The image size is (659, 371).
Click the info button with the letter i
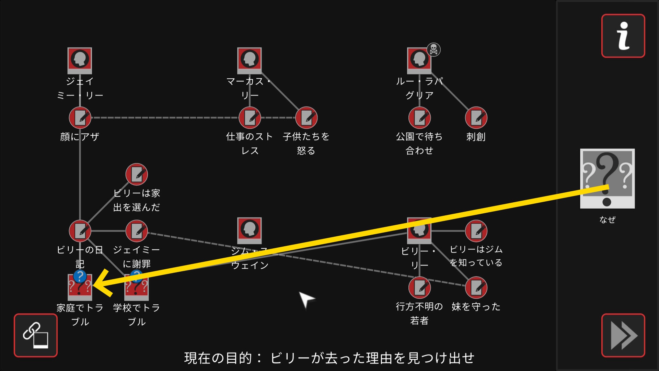pyautogui.click(x=623, y=36)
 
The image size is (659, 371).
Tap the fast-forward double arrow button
pyautogui.click(x=623, y=335)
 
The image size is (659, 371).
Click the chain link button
pyautogui.click(x=36, y=335)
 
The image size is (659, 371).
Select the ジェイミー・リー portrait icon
pyautogui.click(x=80, y=60)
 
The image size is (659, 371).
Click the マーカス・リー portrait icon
pyautogui.click(x=250, y=60)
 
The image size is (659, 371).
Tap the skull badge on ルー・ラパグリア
pyautogui.click(x=434, y=50)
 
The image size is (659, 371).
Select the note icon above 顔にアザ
pyautogui.click(x=80, y=118)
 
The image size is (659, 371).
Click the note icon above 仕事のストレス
pyautogui.click(x=250, y=118)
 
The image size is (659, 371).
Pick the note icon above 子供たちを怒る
pyautogui.click(x=306, y=118)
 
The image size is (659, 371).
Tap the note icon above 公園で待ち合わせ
pyautogui.click(x=419, y=118)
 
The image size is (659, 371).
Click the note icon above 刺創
pyautogui.click(x=476, y=118)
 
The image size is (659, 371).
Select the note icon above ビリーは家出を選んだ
pyautogui.click(x=137, y=174)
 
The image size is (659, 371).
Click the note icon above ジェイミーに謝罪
pyautogui.click(x=137, y=231)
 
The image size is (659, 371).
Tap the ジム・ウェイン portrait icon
pyautogui.click(x=250, y=230)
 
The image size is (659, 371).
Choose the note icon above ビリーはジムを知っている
pyautogui.click(x=476, y=231)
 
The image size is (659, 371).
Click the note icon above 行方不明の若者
pyautogui.click(x=419, y=288)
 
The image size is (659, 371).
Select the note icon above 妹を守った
pyautogui.click(x=476, y=288)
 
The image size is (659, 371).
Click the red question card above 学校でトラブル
pyautogui.click(x=137, y=287)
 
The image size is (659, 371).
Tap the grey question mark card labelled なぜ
pyautogui.click(x=607, y=178)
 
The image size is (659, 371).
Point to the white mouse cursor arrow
pyautogui.click(x=305, y=299)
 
